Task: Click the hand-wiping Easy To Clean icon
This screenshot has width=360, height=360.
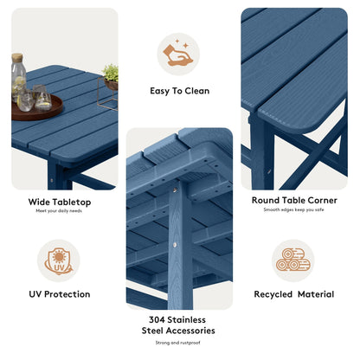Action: [x=178, y=55]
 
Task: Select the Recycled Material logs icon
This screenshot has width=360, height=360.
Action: [x=293, y=260]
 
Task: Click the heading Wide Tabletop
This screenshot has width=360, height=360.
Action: [x=59, y=202]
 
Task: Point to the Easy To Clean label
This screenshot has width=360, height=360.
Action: [x=179, y=91]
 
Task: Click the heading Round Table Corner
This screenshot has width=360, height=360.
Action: [x=293, y=200]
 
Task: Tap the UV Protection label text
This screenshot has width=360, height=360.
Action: [x=59, y=294]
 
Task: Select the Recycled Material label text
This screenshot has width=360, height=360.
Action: [x=293, y=294]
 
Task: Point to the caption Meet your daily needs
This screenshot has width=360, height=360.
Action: [x=59, y=211]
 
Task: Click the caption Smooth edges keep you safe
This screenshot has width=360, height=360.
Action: [x=293, y=210]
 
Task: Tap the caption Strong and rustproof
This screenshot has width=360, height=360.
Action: [x=178, y=343]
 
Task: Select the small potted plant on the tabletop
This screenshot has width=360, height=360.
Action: [x=110, y=77]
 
